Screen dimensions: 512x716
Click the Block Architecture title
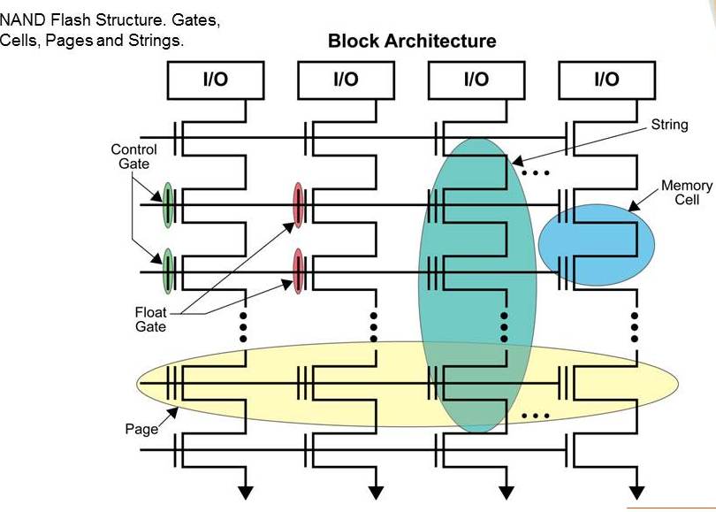[x=412, y=41]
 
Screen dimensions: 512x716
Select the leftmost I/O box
[x=215, y=80]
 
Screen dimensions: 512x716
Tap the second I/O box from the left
[x=346, y=80]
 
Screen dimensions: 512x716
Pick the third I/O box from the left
[x=476, y=80]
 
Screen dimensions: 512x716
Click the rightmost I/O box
[x=606, y=80]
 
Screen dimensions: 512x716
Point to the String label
[x=669, y=125]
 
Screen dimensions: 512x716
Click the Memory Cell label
[x=687, y=193]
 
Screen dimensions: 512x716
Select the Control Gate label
[x=134, y=157]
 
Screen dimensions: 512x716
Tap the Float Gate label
[x=150, y=319]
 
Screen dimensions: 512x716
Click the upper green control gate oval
[x=167, y=206]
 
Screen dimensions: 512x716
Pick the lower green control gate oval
[x=167, y=271]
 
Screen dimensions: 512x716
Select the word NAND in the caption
[x=20, y=19]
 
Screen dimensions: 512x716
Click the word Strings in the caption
[x=159, y=41]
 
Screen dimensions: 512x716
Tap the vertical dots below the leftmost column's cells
[x=244, y=326]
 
